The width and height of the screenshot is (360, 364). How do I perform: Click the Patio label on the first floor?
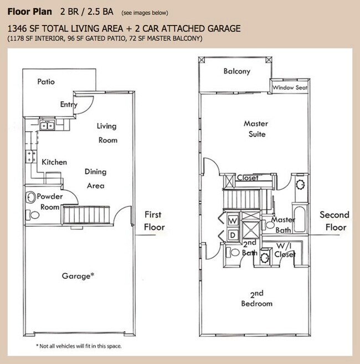(x=46, y=82)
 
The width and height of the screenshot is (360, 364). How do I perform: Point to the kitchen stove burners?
(x=30, y=157)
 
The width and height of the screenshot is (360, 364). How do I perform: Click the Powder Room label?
(x=50, y=201)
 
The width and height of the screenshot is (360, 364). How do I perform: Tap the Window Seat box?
(x=290, y=87)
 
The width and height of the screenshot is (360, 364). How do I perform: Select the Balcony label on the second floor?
(x=236, y=71)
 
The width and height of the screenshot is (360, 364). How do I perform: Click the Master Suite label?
(x=255, y=128)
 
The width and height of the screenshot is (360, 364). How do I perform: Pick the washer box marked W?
(x=232, y=220)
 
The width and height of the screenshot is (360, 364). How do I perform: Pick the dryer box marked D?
(x=232, y=235)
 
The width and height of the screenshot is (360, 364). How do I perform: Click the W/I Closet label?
(x=285, y=250)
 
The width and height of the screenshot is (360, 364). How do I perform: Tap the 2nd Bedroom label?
(x=256, y=298)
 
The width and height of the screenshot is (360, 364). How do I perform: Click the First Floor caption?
(x=154, y=220)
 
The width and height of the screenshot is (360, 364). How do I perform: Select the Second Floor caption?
(x=335, y=221)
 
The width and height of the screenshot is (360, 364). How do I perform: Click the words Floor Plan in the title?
(x=30, y=12)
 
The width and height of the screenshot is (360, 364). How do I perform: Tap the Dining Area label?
(x=95, y=179)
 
